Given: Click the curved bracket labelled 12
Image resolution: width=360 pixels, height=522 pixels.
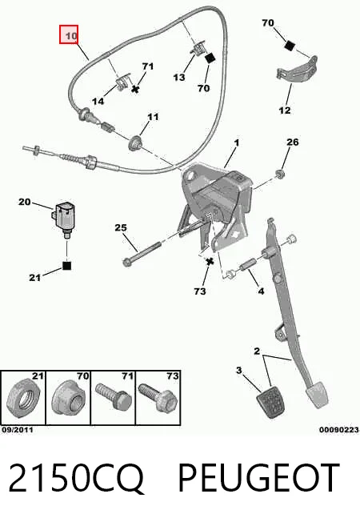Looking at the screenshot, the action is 296,70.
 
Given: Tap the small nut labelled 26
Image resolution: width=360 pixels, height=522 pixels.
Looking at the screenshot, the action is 280,174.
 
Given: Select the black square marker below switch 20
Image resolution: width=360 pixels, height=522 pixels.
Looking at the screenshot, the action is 67,266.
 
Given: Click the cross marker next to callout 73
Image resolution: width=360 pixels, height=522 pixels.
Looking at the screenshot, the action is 210,262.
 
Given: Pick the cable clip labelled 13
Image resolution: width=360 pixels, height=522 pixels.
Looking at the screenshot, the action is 198,49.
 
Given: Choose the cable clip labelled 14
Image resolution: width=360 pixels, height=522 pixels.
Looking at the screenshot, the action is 122,82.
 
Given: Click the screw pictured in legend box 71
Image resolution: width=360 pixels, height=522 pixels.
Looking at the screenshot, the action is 114,397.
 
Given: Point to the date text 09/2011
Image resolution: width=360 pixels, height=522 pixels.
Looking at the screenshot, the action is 18,430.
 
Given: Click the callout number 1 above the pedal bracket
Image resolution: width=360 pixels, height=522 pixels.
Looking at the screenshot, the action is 237,143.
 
